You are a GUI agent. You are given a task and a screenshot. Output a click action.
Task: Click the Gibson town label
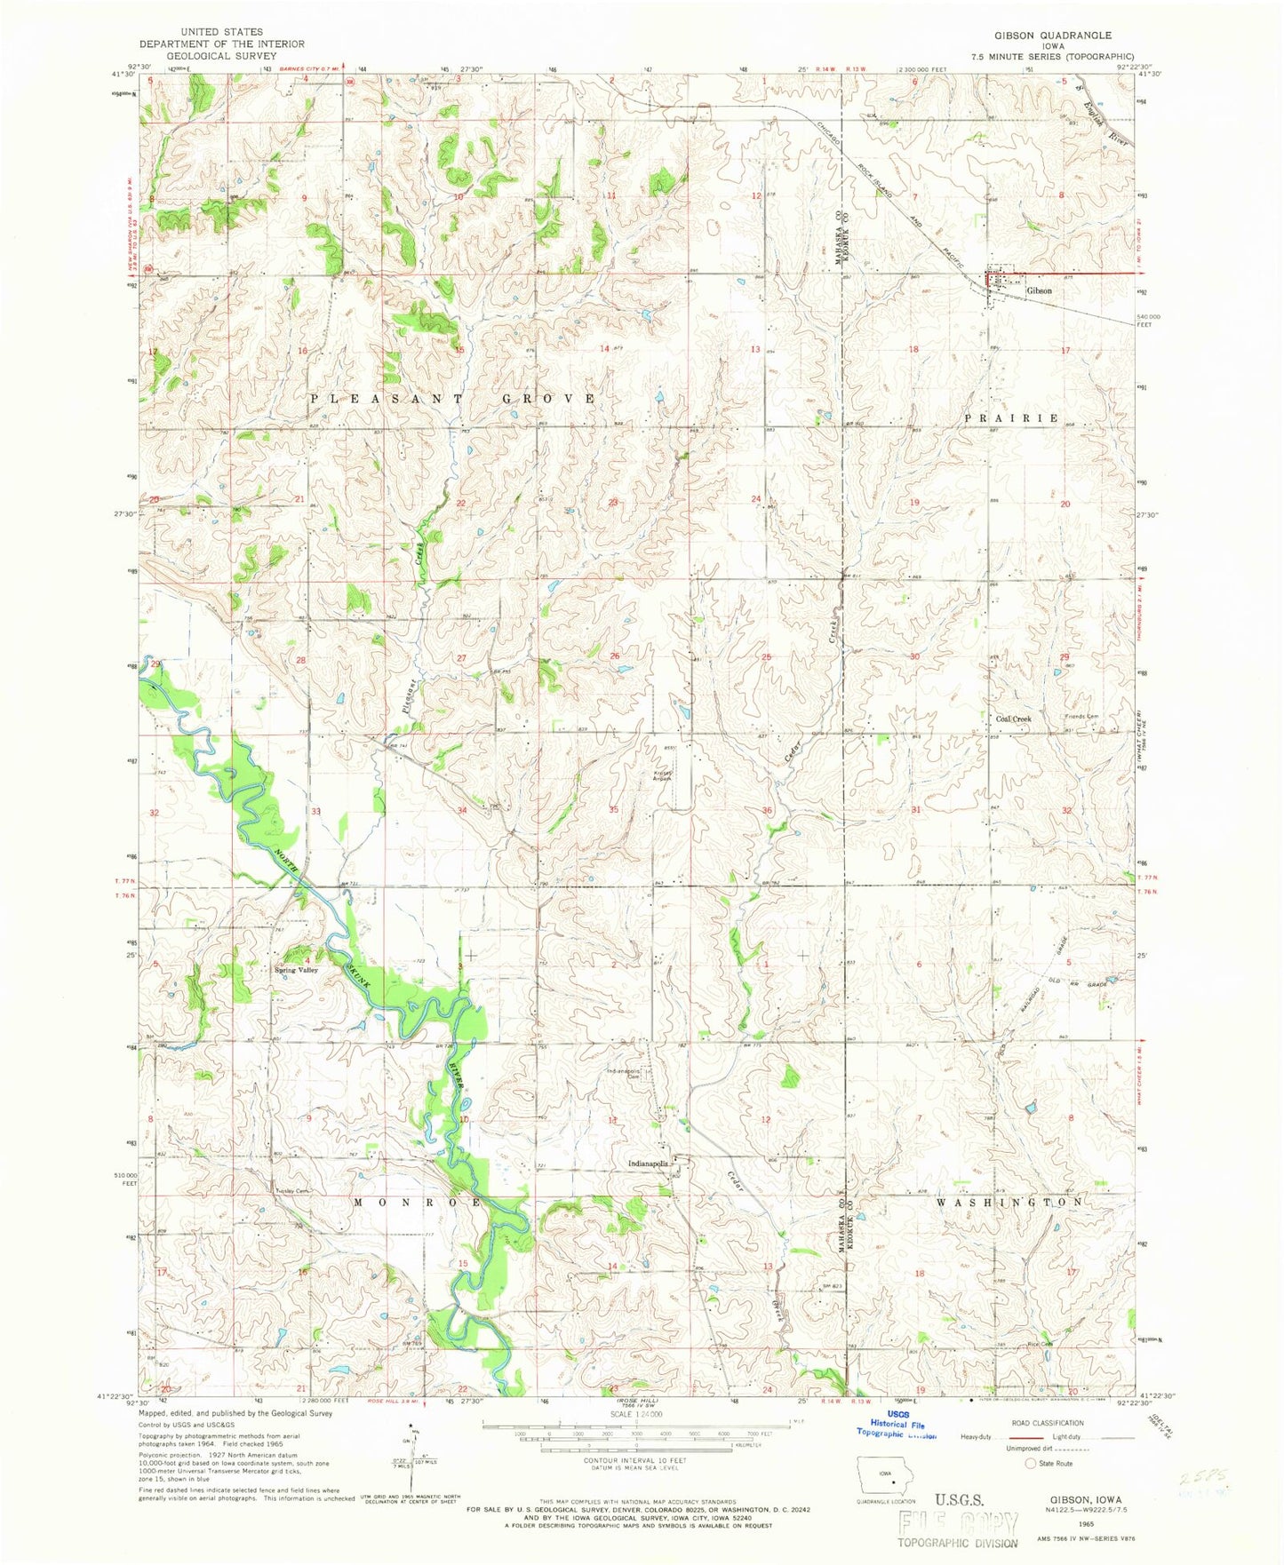coord(1039,290)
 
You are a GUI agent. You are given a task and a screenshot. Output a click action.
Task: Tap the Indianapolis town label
coord(646,1163)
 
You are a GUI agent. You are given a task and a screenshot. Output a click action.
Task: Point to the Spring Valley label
coord(296,970)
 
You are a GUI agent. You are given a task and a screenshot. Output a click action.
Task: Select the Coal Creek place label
coord(1013,719)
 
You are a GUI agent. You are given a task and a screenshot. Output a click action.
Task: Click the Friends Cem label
coord(1081,717)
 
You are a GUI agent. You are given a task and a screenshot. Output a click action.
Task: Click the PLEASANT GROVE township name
coord(453,399)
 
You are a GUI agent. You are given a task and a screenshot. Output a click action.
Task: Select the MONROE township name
coord(418,1202)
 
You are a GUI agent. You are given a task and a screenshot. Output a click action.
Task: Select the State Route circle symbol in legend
coord(1031,1463)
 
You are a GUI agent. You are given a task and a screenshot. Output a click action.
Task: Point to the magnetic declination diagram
coord(414,1456)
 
